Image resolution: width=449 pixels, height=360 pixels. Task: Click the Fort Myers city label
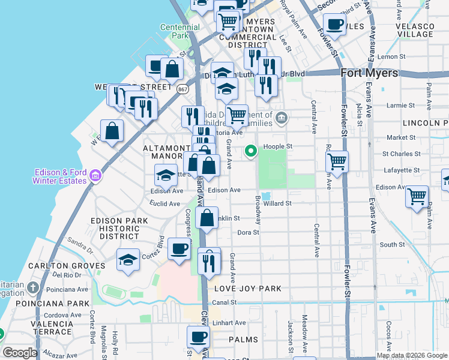click(369, 73)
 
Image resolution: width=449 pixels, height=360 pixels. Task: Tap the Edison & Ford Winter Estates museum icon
click(95, 176)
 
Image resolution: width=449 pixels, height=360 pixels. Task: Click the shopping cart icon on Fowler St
click(337, 161)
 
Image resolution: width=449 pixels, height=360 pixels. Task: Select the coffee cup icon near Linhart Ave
click(197, 337)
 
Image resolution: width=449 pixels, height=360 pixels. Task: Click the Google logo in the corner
click(20, 353)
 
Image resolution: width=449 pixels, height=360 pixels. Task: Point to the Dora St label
click(247, 232)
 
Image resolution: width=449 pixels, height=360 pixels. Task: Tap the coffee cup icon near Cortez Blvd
click(178, 249)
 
